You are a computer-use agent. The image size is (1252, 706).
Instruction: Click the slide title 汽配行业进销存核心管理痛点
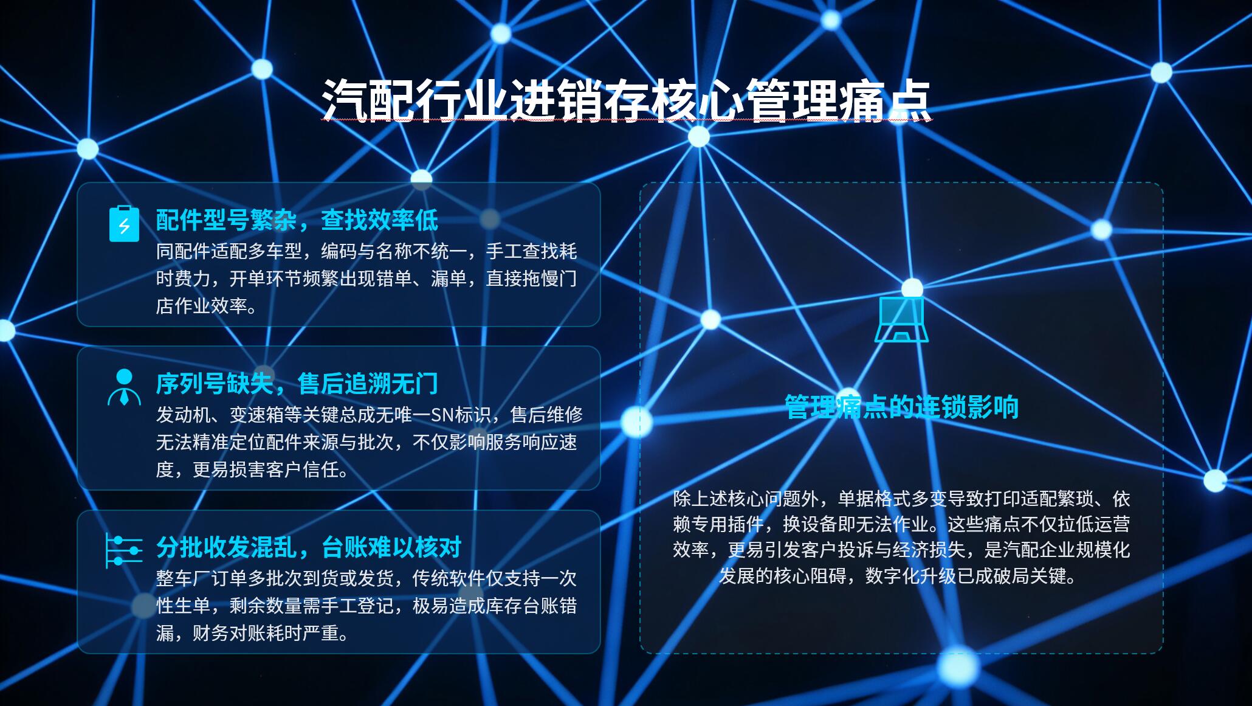(x=626, y=99)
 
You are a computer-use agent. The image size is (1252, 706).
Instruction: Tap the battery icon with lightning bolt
(x=124, y=224)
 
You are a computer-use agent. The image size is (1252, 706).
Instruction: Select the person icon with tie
(x=124, y=387)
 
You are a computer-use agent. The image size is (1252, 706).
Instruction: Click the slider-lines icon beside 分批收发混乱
(x=124, y=550)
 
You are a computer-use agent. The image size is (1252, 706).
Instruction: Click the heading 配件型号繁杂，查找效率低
(x=297, y=220)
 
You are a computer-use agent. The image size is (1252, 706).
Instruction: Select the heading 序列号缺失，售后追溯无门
(x=297, y=384)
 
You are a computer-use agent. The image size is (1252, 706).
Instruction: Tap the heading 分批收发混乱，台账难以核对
(x=309, y=547)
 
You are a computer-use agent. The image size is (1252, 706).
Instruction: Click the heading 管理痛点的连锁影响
(x=901, y=407)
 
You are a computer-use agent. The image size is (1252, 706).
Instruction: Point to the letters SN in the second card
(x=442, y=415)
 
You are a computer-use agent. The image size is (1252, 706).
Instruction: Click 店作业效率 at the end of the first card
(x=201, y=306)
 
